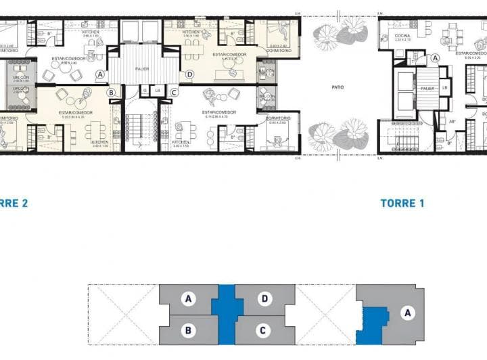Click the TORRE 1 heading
[x=402, y=203]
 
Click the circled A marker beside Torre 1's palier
[x=435, y=59]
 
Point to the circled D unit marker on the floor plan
[x=189, y=74]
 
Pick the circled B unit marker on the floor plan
[x=112, y=92]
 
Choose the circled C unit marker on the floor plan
[x=174, y=92]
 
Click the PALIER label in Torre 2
[x=142, y=68]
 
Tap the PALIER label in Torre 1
[x=427, y=88]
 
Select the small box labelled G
[x=144, y=90]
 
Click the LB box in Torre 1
[x=445, y=87]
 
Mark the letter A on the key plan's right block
[x=407, y=313]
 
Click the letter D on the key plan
[x=264, y=298]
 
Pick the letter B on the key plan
[x=189, y=330]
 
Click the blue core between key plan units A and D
[x=227, y=313]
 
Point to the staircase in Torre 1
[x=407, y=142]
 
